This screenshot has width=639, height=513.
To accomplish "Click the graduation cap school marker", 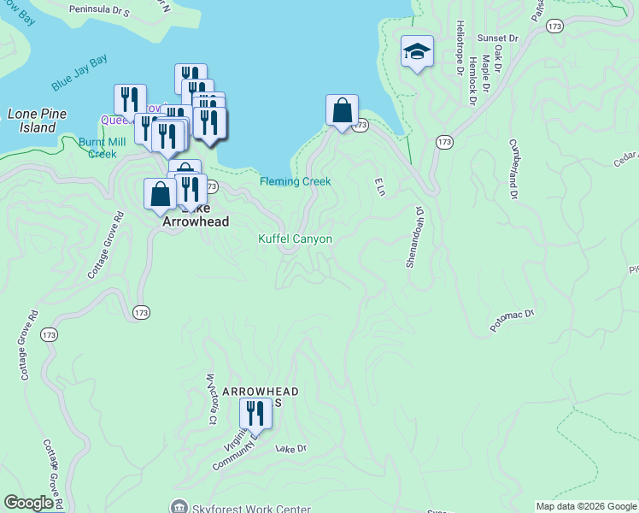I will pyautogui.click(x=417, y=53).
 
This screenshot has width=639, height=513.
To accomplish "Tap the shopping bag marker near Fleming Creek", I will pyautogui.click(x=342, y=111).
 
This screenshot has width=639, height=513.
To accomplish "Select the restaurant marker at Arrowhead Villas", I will pyautogui.click(x=255, y=415).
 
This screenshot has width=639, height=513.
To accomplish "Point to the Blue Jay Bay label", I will pyautogui.click(x=79, y=73).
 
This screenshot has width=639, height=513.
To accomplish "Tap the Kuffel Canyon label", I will pyautogui.click(x=295, y=239).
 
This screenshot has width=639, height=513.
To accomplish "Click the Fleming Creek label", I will pyautogui.click(x=295, y=181).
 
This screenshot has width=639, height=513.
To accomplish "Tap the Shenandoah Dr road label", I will pyautogui.click(x=414, y=235).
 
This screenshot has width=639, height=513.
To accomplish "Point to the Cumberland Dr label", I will pyautogui.click(x=513, y=169).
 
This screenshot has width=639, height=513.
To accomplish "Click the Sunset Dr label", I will pyautogui.click(x=498, y=38).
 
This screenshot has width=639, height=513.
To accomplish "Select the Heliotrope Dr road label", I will pyautogui.click(x=460, y=48).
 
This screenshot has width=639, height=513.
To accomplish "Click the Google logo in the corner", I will pyautogui.click(x=28, y=503).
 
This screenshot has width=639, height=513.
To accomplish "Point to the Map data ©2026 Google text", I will pyautogui.click(x=586, y=506).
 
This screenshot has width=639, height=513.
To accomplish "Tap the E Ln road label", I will pyautogui.click(x=379, y=186).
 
